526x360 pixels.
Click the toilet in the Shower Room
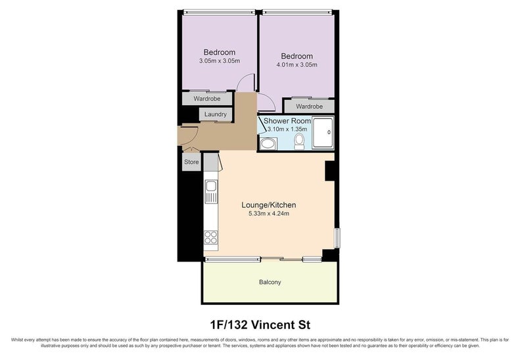(x=299, y=141)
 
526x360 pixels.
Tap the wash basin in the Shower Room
(x=268, y=144)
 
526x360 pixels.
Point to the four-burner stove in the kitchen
(x=211, y=237)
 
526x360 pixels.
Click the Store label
(x=191, y=162)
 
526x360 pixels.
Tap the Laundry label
(x=216, y=114)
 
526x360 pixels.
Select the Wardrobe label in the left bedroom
(x=206, y=99)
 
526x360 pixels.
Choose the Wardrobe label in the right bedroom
(x=309, y=106)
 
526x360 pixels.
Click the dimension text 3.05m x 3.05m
(x=220, y=61)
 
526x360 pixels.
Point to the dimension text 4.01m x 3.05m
(x=297, y=65)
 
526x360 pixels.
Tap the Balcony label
(x=270, y=282)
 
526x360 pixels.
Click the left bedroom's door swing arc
(x=244, y=82)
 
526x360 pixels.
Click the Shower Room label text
(x=287, y=122)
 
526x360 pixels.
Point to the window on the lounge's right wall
(x=335, y=238)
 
